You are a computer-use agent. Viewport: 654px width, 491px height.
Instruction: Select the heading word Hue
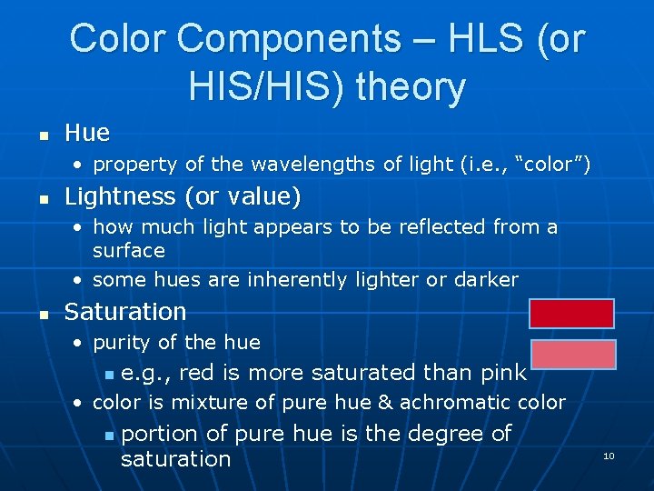click(x=87, y=134)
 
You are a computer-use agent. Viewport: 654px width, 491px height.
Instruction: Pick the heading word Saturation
click(x=125, y=312)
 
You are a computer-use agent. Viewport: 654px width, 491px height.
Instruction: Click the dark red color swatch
click(x=572, y=314)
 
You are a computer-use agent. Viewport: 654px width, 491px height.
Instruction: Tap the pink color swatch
click(x=572, y=355)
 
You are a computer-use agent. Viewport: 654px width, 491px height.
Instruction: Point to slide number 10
click(x=609, y=456)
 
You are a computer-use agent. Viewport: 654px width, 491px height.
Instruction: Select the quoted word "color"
click(x=553, y=165)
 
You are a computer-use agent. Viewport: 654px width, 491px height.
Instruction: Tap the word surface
click(x=129, y=250)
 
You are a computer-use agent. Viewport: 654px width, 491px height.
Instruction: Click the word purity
click(x=121, y=343)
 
